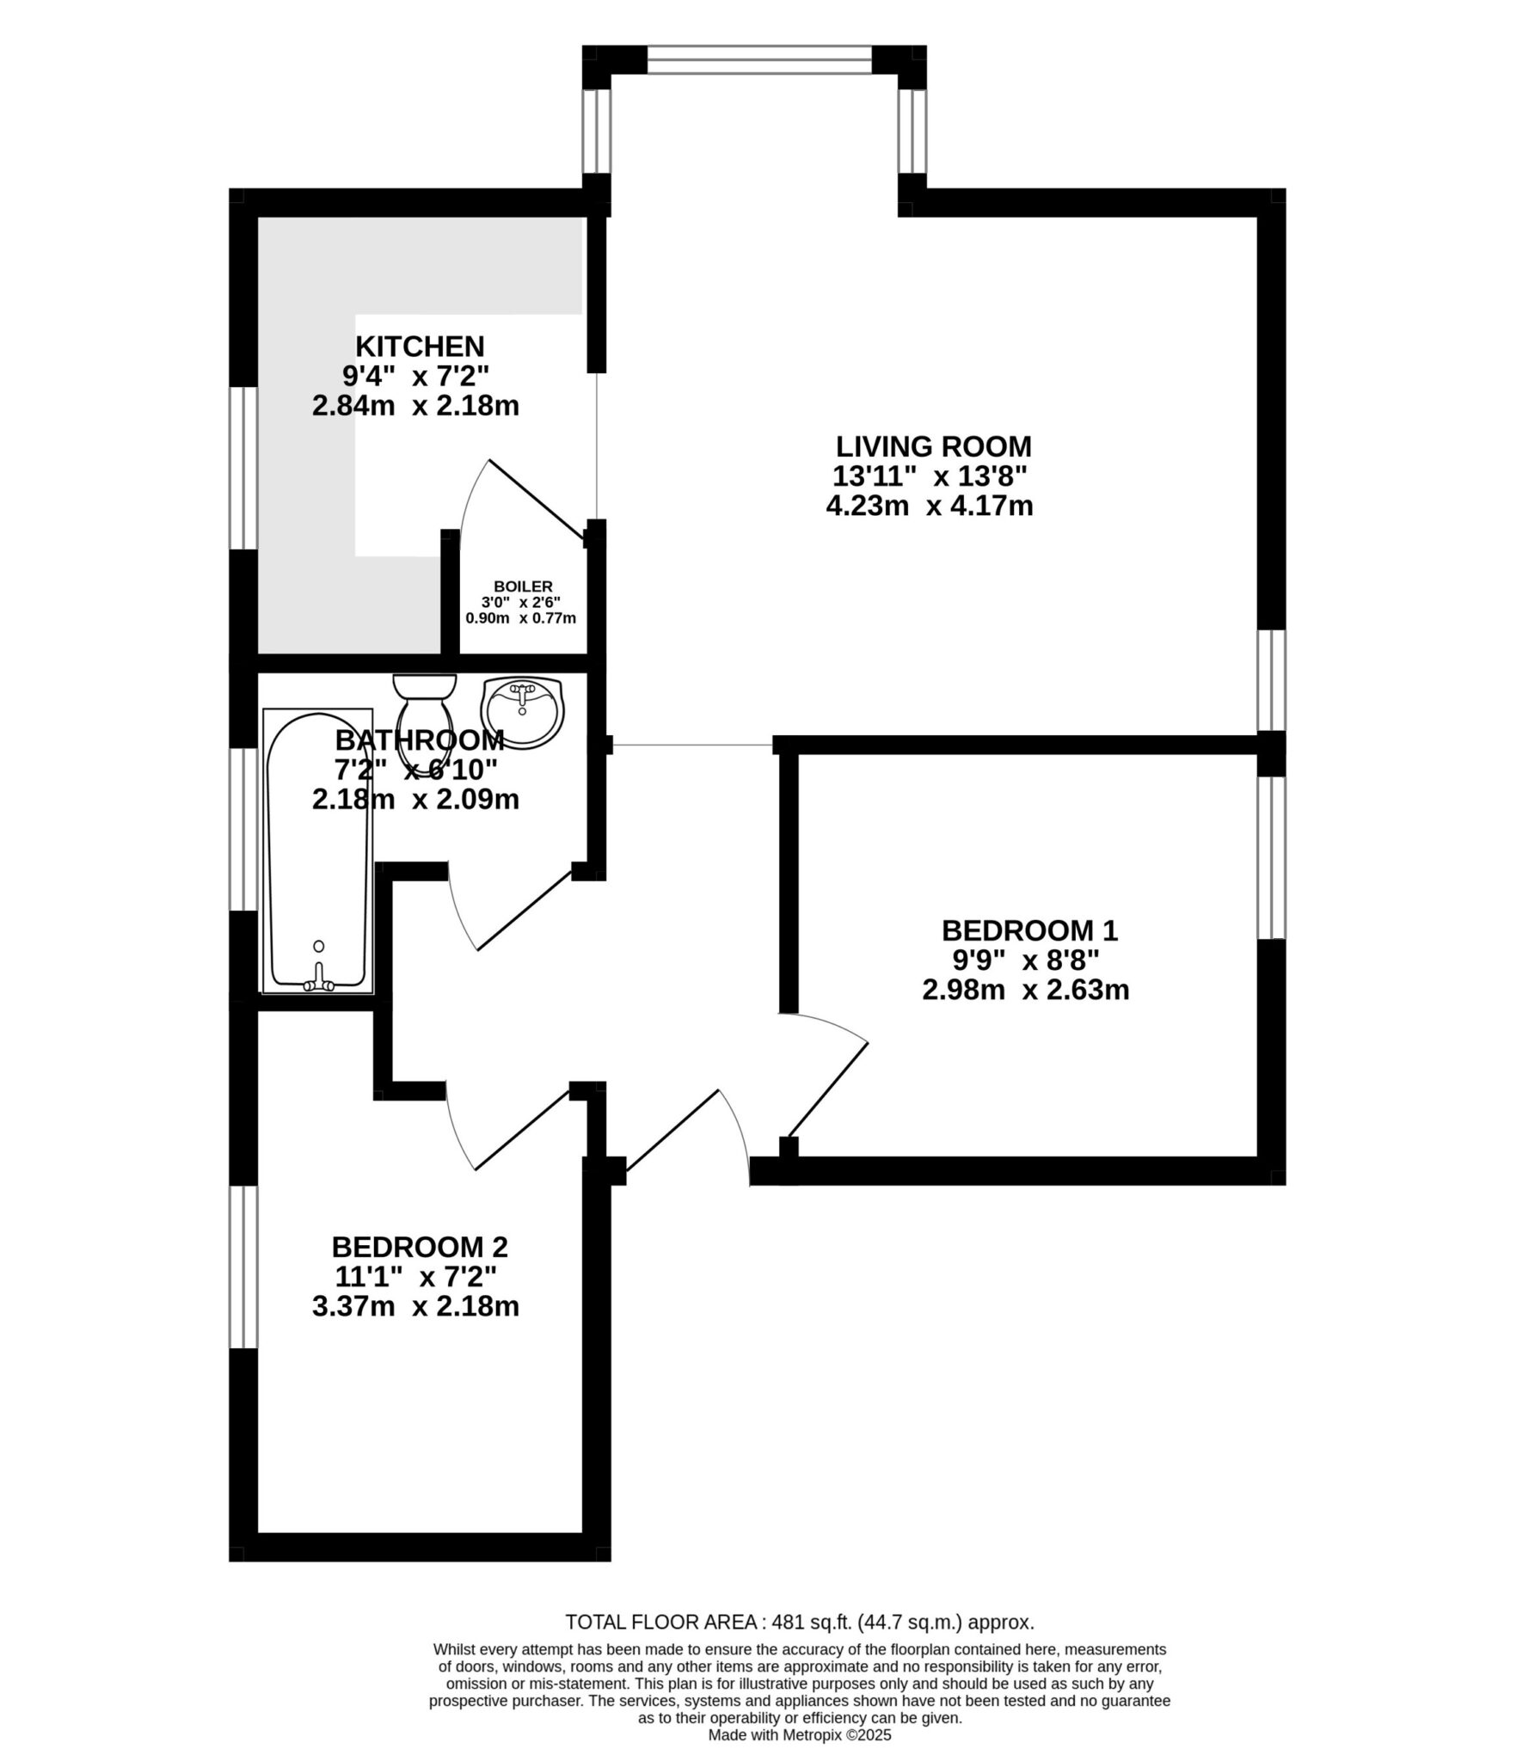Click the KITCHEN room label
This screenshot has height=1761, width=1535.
[x=420, y=347]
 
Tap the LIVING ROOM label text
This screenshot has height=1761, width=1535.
[x=933, y=447]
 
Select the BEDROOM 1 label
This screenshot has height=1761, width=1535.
[x=1028, y=930]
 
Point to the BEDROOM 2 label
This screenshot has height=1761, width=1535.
[x=420, y=1246]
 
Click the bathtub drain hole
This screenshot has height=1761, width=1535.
[x=319, y=946]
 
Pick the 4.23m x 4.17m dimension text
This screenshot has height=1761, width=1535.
[x=929, y=506]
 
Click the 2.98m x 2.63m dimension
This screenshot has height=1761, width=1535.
[x=1025, y=990]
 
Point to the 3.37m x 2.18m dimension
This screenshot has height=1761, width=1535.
[x=415, y=1306]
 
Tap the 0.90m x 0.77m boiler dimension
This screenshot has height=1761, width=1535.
[x=521, y=617]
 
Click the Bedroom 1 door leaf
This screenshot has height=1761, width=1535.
[x=828, y=1090]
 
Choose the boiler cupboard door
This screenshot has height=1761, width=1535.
[x=538, y=498]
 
